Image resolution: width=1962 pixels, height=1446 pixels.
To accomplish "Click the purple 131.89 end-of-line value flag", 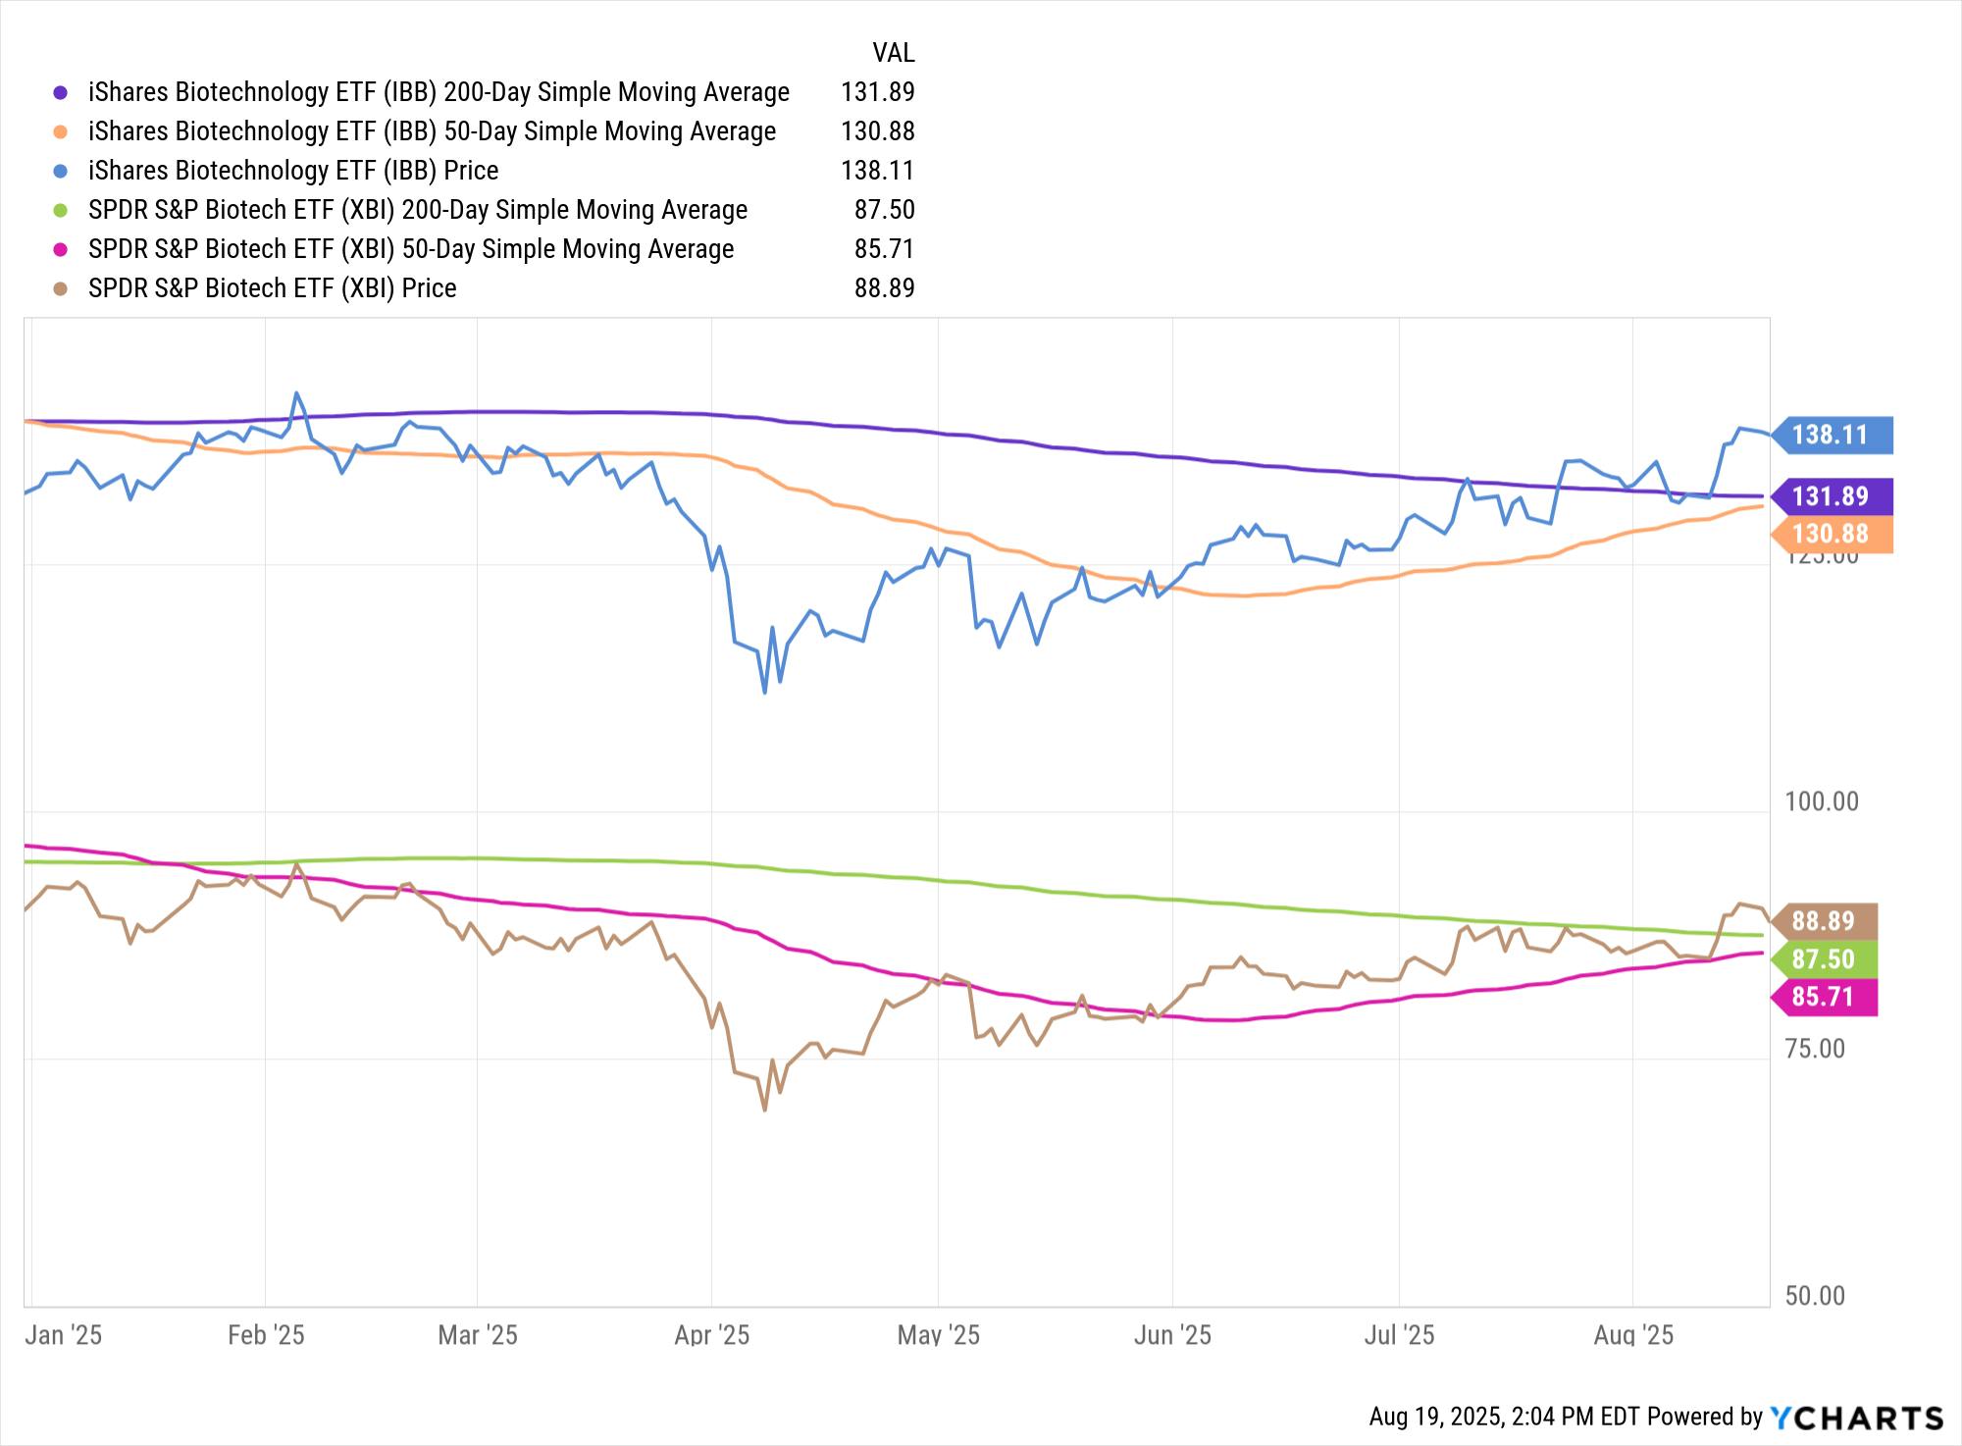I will [1831, 496].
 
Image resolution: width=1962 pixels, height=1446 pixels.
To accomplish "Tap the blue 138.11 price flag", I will [1831, 435].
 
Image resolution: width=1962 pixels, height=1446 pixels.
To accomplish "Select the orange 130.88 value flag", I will [1831, 535].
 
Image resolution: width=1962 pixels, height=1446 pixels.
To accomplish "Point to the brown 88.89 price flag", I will [1824, 921].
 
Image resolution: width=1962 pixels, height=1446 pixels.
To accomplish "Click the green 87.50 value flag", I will [1824, 959].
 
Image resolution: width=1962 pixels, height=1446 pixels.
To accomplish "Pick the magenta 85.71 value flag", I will [1824, 998].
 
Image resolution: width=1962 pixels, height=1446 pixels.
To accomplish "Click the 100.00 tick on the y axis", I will [1822, 801].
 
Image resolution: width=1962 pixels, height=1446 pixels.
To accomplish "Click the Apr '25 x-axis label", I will [712, 1335].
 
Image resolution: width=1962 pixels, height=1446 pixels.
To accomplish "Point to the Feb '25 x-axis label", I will [266, 1335].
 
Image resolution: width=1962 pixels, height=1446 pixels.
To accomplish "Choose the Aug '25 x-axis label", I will [1633, 1335].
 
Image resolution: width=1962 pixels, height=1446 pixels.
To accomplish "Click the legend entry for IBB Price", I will [293, 171].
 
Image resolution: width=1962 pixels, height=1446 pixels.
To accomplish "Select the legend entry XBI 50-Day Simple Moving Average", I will [411, 249].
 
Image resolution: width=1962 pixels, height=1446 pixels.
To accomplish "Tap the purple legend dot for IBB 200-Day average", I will [61, 92].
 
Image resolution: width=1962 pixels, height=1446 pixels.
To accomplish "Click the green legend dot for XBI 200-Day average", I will [61, 210].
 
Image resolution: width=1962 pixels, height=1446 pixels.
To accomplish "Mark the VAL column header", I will [893, 52].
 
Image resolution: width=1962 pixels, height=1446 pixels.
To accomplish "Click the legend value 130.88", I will [877, 131].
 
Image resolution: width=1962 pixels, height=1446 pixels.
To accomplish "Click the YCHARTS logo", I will [1856, 1418].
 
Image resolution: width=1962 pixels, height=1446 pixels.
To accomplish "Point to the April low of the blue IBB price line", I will [764, 692].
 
